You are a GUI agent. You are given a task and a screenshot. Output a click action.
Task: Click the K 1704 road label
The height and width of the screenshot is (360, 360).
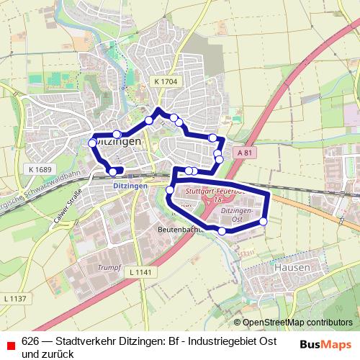click(166, 82)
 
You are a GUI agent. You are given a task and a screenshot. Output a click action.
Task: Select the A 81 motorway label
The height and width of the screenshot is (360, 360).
click(245, 153)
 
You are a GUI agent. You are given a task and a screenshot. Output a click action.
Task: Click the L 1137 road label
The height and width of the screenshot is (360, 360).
click(14, 298)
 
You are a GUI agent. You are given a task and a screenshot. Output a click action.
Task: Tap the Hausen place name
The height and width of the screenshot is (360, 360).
click(292, 267)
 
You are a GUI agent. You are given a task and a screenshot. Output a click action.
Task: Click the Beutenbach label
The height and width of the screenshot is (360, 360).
click(179, 230)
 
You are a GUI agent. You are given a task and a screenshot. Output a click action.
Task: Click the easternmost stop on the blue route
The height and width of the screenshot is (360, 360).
click(264, 222)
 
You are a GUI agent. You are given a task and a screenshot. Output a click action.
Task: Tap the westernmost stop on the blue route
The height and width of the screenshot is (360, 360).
click(92, 143)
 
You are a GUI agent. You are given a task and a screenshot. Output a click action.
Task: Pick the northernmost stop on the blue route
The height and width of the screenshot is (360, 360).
click(157, 110)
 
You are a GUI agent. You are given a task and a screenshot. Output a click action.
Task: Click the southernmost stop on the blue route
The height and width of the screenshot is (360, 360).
click(222, 231)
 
